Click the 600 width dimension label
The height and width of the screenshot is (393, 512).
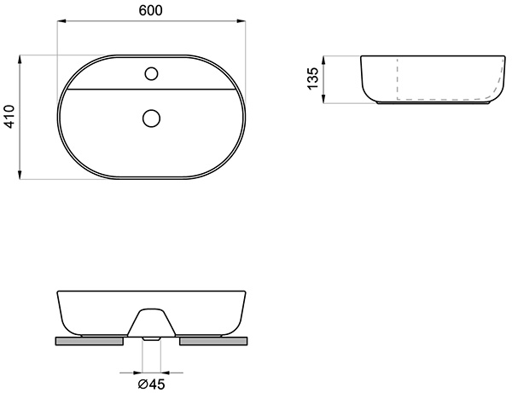point(150,10)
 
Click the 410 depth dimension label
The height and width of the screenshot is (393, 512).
point(10,117)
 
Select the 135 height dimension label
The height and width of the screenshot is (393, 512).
point(312,78)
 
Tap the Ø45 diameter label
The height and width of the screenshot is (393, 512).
point(151,384)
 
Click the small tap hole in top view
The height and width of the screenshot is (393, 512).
point(151,73)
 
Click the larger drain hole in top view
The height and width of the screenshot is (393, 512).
point(151,118)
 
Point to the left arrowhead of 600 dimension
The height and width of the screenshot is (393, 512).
point(62,21)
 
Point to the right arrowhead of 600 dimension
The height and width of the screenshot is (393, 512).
point(241,21)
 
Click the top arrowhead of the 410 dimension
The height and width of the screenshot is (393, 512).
point(20,60)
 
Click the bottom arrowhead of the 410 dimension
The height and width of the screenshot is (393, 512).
point(20,175)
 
